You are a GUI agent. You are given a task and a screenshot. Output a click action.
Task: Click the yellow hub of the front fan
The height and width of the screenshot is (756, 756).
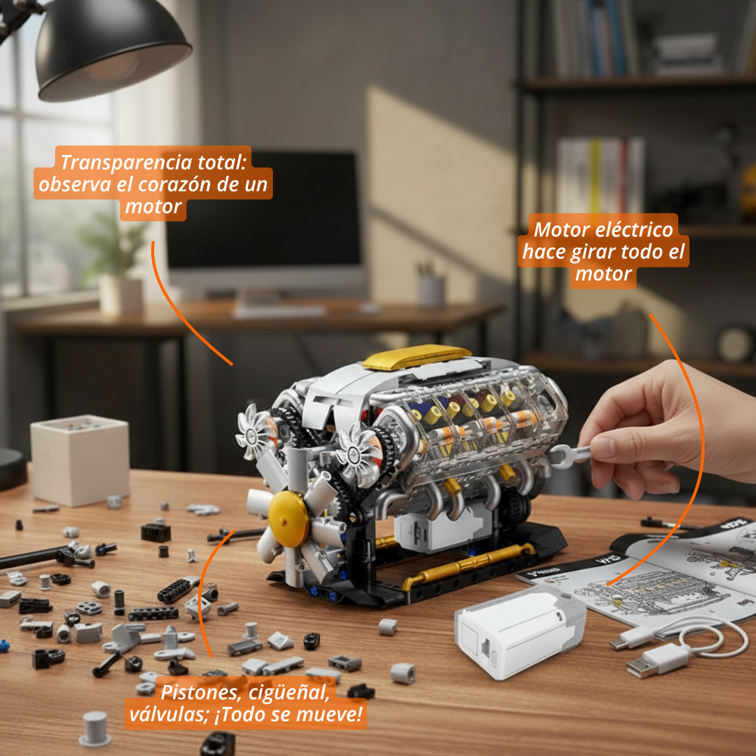coord(288,519)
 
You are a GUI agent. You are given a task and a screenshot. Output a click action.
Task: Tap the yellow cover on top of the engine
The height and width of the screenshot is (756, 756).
coord(417,356)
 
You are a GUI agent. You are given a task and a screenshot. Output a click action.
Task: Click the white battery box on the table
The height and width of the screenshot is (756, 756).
coord(519,629)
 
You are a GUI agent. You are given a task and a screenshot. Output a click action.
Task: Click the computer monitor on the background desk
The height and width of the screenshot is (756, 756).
coord(265,219)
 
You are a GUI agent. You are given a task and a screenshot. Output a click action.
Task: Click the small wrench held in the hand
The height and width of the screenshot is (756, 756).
coord(571,454)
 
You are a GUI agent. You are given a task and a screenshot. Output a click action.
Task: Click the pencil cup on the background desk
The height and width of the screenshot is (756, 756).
coord(432,289)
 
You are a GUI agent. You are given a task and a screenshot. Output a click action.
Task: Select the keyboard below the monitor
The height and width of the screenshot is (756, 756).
coord(280,310)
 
